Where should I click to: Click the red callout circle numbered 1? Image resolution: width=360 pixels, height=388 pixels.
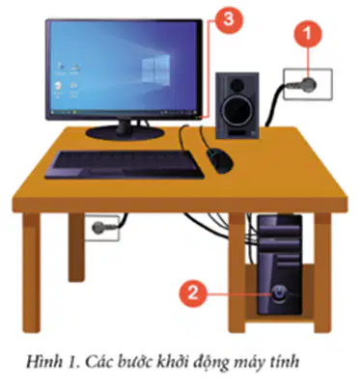[x=308, y=34]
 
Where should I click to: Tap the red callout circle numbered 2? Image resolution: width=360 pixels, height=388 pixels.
[x=193, y=293]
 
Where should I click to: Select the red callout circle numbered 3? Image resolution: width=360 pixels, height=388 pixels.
[x=228, y=19]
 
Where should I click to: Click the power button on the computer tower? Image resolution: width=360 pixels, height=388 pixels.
[x=278, y=293]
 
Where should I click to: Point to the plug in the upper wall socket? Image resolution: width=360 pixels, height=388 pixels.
[x=309, y=85]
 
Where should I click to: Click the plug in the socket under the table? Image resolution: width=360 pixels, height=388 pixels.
[x=98, y=228]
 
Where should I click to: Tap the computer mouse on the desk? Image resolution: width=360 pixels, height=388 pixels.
[x=220, y=160]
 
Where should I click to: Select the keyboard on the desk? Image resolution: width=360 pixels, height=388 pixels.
[x=125, y=164]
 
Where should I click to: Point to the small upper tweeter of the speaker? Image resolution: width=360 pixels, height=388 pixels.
[x=237, y=83]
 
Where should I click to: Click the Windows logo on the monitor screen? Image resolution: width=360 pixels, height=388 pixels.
[x=156, y=68]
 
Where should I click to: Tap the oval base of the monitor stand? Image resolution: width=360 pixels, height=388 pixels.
[x=125, y=132]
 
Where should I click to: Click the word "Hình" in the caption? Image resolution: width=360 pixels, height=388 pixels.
[x=44, y=361]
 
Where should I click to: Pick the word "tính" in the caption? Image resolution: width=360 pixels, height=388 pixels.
[x=285, y=362]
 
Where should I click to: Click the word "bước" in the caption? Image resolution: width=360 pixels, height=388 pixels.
[x=135, y=361]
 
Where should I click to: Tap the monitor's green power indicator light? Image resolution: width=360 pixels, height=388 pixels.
[x=196, y=118]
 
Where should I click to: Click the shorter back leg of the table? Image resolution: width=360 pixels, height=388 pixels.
[x=76, y=247]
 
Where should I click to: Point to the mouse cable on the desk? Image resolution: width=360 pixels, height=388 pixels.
[x=204, y=138]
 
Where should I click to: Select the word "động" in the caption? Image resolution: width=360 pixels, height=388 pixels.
[x=210, y=362]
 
